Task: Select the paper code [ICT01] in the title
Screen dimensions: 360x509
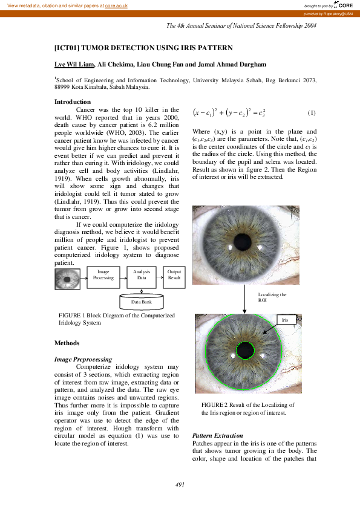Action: pos(67,47)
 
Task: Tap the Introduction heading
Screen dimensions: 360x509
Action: pos(73,102)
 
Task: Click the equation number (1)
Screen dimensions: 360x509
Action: pos(312,113)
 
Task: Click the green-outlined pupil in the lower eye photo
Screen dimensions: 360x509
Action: pos(245,351)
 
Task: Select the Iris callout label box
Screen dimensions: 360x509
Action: pos(287,320)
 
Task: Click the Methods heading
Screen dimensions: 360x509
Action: pos(67,343)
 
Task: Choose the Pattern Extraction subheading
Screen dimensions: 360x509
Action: pos(217,435)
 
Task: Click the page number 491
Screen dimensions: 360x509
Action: pos(180,485)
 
